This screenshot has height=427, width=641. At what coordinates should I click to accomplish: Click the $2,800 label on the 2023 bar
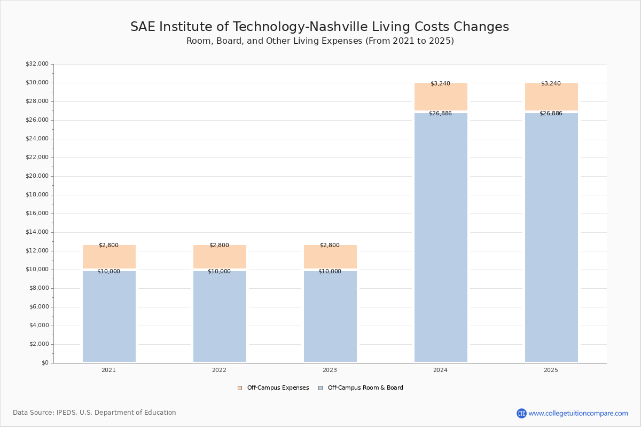point(330,246)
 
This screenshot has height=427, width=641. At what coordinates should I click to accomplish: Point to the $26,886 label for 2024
point(440,114)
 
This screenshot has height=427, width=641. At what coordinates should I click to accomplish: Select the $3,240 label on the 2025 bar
point(551,84)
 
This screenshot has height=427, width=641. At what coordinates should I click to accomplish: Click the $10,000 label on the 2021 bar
point(108,272)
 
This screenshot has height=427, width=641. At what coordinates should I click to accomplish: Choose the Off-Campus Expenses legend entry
point(273,388)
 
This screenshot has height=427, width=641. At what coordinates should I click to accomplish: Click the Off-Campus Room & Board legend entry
point(361,388)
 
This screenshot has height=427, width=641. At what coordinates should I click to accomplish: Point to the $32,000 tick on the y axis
point(37,64)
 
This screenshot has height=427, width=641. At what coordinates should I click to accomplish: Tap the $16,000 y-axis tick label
point(37,213)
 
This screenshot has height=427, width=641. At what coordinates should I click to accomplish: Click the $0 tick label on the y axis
point(45,363)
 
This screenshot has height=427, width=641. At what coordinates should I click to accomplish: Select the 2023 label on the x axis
point(330,370)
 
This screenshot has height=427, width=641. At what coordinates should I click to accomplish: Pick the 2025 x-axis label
point(551,370)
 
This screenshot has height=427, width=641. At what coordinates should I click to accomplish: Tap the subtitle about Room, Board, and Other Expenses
point(320,41)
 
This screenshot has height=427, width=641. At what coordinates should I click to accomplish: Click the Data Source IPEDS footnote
point(95,413)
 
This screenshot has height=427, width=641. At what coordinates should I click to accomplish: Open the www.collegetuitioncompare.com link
point(578,413)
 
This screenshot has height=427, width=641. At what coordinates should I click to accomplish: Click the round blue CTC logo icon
point(521,413)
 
